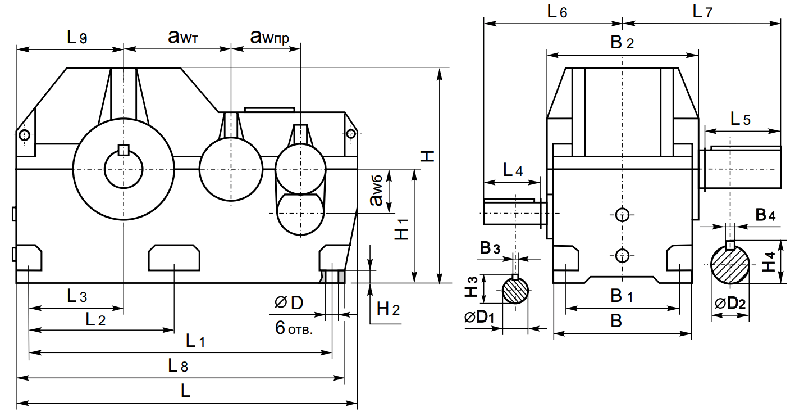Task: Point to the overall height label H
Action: [x=428, y=156]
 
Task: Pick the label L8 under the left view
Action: [x=178, y=366]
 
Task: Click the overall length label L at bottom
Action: [x=186, y=392]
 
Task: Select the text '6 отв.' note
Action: [x=294, y=328]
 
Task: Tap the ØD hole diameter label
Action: [x=289, y=303]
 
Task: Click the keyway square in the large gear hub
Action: [x=124, y=149]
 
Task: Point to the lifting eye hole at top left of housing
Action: [x=24, y=134]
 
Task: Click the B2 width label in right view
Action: [x=622, y=43]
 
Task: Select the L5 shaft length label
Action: [x=741, y=119]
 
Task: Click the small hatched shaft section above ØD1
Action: [x=515, y=291]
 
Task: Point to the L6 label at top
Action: [x=557, y=12]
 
